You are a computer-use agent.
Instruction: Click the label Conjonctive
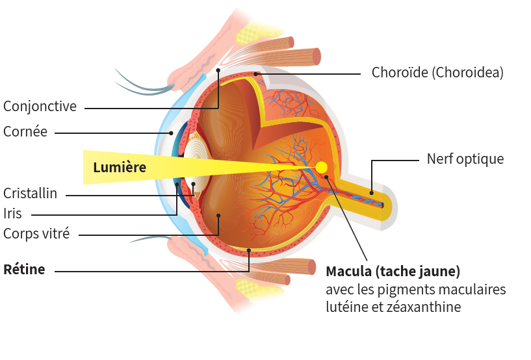point(40,107)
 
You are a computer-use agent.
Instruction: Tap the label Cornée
point(25,131)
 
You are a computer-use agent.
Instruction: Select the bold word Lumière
point(120,167)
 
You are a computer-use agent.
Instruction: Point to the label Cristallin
point(30,194)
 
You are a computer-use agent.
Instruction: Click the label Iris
point(12,214)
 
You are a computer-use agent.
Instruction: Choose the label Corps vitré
point(36,234)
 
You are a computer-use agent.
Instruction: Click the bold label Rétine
point(24,270)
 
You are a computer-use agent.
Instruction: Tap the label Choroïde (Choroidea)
point(437,73)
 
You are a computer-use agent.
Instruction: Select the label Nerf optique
point(465,159)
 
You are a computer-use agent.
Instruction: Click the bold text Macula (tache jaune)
point(393,271)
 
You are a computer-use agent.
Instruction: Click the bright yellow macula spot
point(321,167)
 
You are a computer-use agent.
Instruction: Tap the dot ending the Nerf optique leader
point(372,193)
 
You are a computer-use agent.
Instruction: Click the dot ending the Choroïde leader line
point(255,73)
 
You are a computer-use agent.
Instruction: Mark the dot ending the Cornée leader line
point(172,133)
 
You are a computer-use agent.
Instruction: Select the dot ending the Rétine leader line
point(249,251)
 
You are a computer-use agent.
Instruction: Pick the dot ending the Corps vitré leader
point(219,215)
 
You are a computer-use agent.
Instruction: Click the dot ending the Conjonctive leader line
point(218,70)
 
